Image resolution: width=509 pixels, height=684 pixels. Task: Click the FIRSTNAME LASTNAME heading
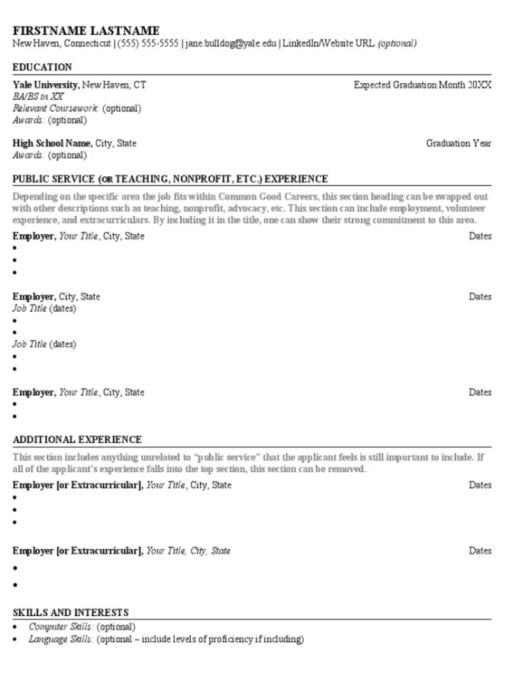(x=86, y=31)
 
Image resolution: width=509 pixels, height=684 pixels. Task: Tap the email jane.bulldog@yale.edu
(x=230, y=43)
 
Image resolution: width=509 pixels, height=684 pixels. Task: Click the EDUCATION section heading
(x=42, y=67)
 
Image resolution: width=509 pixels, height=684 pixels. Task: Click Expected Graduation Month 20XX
(x=422, y=85)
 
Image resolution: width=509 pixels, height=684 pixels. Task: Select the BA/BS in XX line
(x=38, y=97)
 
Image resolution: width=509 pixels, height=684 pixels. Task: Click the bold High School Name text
(x=52, y=143)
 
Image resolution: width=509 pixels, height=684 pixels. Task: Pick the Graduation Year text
(x=458, y=143)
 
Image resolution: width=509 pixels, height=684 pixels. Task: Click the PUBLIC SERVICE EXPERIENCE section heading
(x=170, y=179)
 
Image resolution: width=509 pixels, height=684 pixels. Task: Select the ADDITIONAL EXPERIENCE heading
(x=77, y=440)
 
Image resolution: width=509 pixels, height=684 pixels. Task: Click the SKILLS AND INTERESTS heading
(x=70, y=612)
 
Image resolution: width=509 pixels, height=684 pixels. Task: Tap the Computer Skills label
(x=60, y=626)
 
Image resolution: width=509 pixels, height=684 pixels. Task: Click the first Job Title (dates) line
(x=44, y=309)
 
